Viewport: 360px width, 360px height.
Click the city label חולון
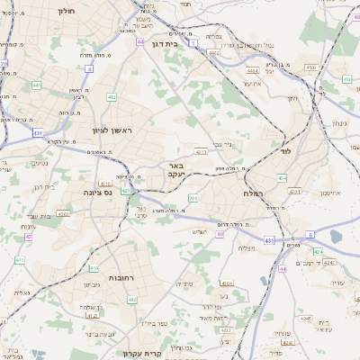click(66, 12)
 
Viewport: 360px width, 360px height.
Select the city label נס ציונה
click(95, 193)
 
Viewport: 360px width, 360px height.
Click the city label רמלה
click(252, 193)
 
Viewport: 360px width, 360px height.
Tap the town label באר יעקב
click(176, 170)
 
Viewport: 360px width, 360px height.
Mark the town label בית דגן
click(166, 42)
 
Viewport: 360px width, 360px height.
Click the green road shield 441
click(36, 85)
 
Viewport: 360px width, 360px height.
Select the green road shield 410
click(94, 268)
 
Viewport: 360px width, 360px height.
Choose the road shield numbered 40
click(220, 234)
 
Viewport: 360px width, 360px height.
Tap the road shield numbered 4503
click(310, 67)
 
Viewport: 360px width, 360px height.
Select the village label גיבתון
click(91, 284)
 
